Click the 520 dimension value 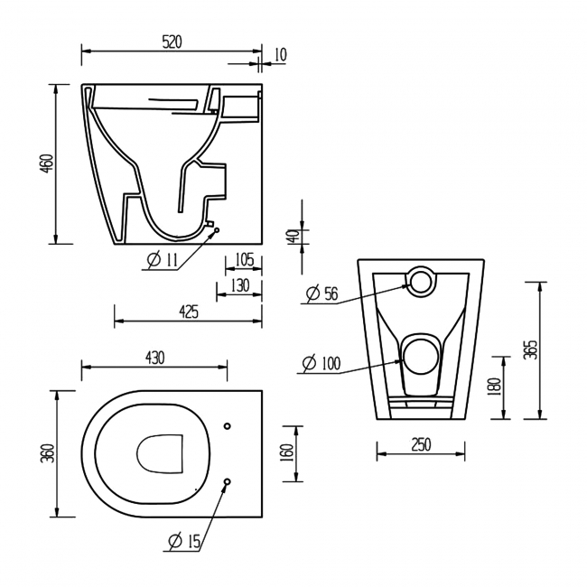[172, 42]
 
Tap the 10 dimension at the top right [279, 55]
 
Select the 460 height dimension [47, 163]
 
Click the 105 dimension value [242, 260]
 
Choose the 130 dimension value [238, 285]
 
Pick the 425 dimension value [189, 312]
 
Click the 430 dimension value [154, 358]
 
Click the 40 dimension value [292, 238]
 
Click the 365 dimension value [531, 349]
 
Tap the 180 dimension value [493, 387]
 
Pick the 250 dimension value [420, 444]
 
